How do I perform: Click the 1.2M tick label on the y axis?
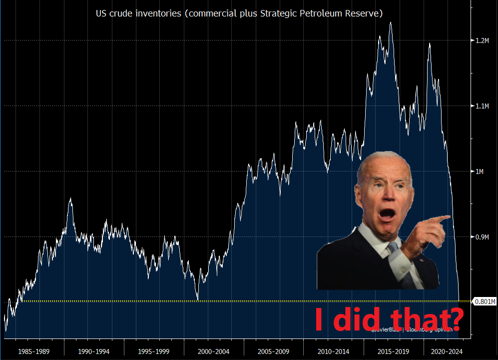point(482,40)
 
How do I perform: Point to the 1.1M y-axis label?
point(482,106)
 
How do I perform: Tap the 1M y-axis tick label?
point(481,171)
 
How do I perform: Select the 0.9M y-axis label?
point(482,237)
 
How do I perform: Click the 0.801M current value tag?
point(485,301)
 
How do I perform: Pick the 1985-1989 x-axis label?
point(34,351)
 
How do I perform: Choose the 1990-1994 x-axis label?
point(94,351)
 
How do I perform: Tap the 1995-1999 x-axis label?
point(154,351)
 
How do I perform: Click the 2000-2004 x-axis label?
point(214,351)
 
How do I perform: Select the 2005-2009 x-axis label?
point(274,351)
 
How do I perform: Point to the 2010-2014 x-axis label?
point(334,351)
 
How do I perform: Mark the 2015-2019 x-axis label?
point(394,351)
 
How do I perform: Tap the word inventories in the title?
point(159,13)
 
